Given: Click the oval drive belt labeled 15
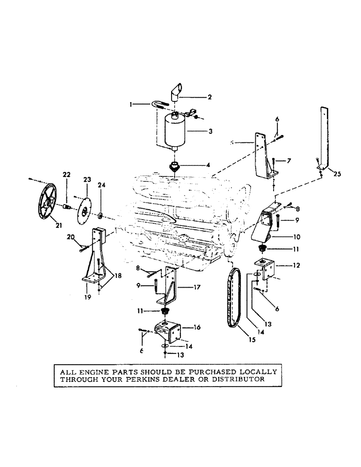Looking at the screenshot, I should tap(232, 300).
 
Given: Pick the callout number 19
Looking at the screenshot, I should tap(88, 296).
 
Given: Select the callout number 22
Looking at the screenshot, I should tap(67, 174).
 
